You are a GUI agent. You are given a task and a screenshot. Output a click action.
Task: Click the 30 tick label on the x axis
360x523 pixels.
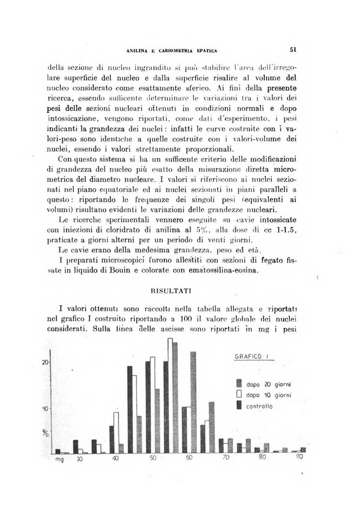[81, 459]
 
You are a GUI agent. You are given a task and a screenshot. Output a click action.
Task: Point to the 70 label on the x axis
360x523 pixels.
[225, 459]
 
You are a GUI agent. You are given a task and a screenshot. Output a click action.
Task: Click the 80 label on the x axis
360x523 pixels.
[261, 459]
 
